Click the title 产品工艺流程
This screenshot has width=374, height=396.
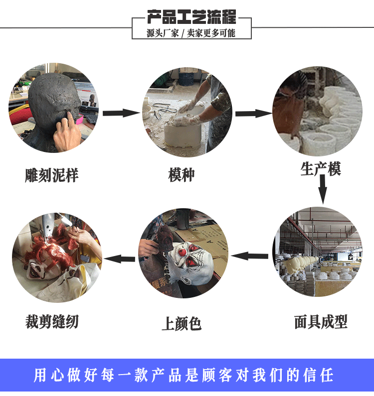coord(191,16)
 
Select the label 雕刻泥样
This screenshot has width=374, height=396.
coord(52,175)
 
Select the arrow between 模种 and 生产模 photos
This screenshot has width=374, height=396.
coord(253,114)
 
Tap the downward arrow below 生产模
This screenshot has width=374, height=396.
coord(323,190)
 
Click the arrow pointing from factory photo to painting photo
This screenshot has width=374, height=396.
coord(250,256)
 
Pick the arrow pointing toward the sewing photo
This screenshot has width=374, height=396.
coord(120,259)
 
